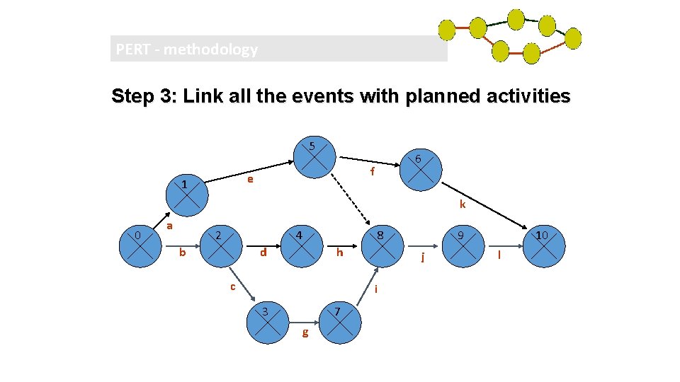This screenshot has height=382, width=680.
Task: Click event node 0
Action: tap(142, 247)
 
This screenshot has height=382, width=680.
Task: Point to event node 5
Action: tap(314, 156)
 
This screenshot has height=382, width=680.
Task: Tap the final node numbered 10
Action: tap(545, 247)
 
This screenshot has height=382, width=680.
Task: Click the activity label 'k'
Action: tap(462, 205)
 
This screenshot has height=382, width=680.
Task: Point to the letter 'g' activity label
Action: tap(305, 332)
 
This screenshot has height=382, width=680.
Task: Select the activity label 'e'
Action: tap(250, 180)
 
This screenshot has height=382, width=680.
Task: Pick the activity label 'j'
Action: tap(422, 257)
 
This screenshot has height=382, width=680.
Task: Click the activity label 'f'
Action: tap(373, 172)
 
